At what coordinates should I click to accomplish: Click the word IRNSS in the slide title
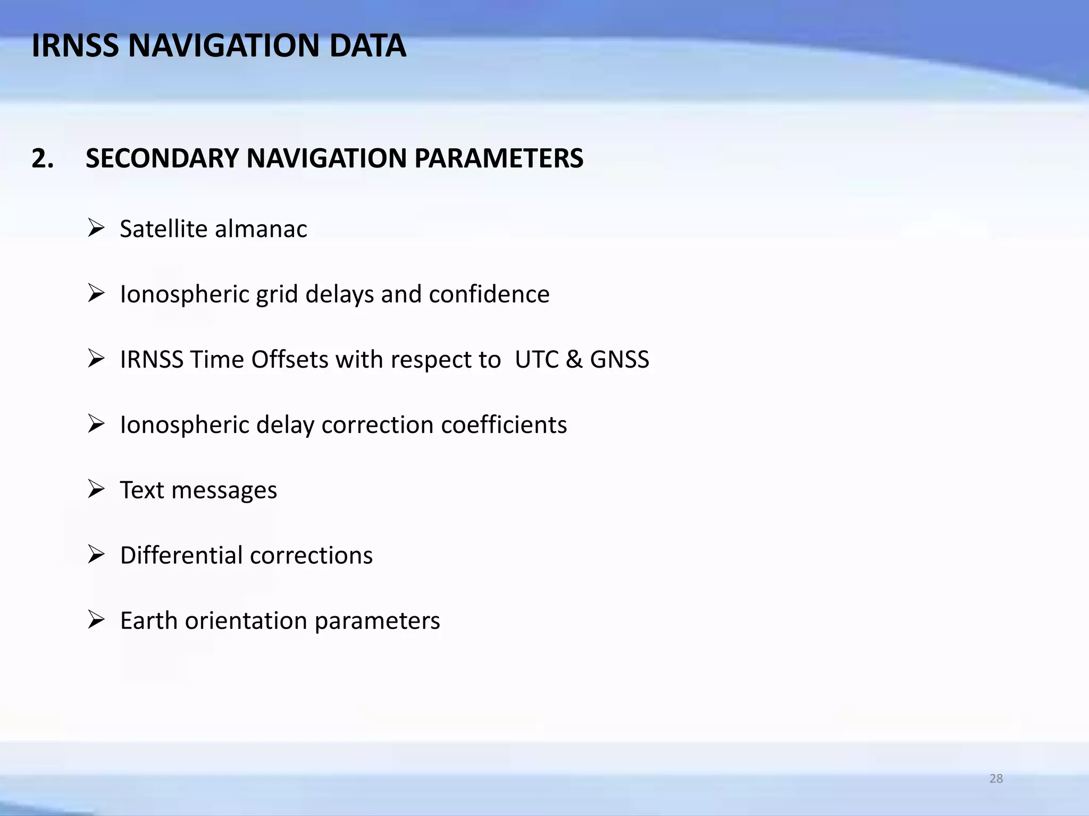click(x=75, y=46)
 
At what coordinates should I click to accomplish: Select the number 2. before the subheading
click(x=43, y=158)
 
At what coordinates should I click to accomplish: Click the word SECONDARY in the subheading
click(x=162, y=158)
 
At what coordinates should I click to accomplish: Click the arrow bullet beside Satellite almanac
click(x=96, y=228)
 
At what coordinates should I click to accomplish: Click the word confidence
click(x=489, y=294)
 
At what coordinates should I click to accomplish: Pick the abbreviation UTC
click(x=537, y=360)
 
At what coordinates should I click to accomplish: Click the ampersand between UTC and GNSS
click(x=574, y=360)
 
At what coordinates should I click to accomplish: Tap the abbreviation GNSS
click(x=619, y=360)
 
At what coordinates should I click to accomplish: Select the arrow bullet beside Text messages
click(x=96, y=489)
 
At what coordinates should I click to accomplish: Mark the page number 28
click(x=996, y=778)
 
